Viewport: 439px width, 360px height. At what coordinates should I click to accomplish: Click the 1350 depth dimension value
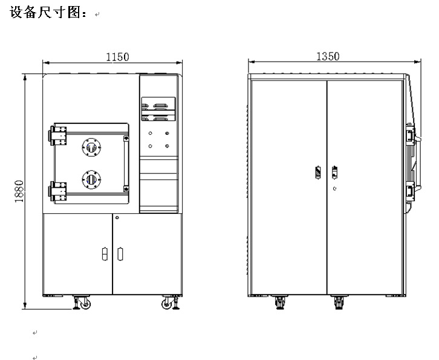click(328, 56)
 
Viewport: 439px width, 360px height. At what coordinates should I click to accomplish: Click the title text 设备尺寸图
click(49, 13)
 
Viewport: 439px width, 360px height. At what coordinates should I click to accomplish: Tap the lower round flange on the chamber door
click(91, 179)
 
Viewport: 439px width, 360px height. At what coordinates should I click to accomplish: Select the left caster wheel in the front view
click(82, 303)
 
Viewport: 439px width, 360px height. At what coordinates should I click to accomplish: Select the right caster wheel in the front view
click(167, 303)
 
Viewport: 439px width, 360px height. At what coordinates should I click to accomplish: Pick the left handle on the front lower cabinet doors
click(103, 254)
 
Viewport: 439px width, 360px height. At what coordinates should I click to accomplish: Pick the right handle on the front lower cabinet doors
click(119, 254)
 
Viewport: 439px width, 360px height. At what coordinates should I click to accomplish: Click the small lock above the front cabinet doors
click(117, 217)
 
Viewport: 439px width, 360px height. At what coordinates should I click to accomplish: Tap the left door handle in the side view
click(319, 172)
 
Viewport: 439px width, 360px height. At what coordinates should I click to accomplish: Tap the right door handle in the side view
click(334, 172)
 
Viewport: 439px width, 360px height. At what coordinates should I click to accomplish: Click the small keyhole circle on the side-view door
click(334, 188)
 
